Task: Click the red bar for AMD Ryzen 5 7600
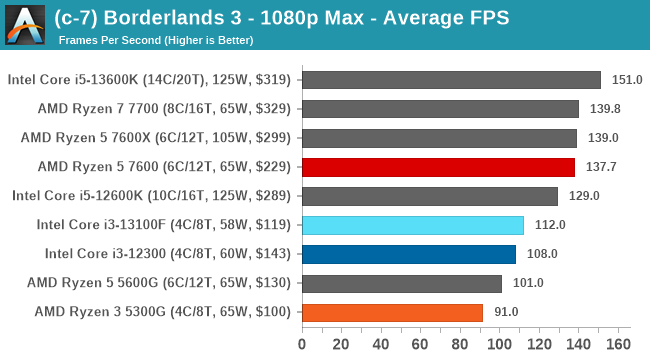coord(438,167)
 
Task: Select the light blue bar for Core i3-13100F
coord(412,225)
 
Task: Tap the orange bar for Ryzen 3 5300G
coord(392,312)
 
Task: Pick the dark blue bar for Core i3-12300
coord(408,254)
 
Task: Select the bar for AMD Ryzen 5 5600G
coord(401,283)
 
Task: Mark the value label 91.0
coord(506,312)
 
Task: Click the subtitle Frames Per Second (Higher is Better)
coord(156,41)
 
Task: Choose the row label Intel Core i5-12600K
coord(151,196)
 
